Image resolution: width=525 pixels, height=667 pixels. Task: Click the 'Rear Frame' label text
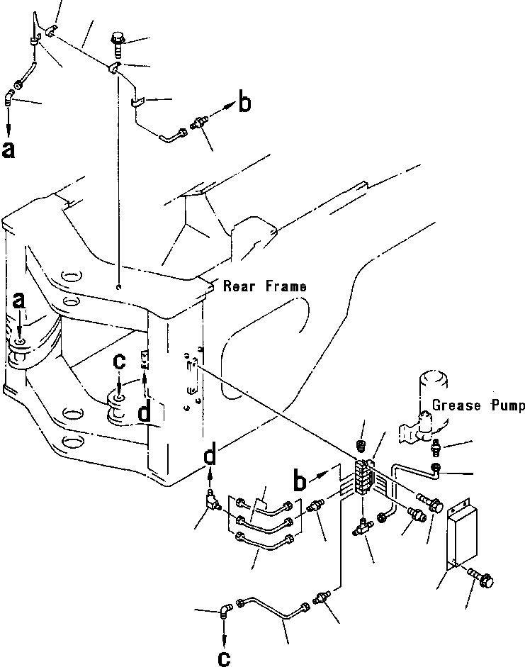pyautogui.click(x=265, y=286)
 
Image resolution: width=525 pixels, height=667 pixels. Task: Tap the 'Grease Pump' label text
pyautogui.click(x=478, y=405)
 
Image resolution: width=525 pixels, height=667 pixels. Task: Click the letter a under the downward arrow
pyautogui.click(x=9, y=150)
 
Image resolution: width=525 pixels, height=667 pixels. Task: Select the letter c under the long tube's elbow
pyautogui.click(x=223, y=658)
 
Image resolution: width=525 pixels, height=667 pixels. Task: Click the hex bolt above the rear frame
pyautogui.click(x=118, y=44)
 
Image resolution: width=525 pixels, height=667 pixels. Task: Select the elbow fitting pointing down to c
pyautogui.click(x=225, y=609)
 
